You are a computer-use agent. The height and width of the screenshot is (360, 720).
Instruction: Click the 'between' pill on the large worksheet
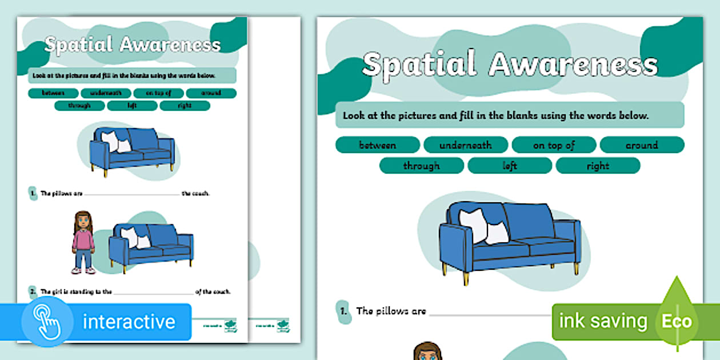(x=377, y=145)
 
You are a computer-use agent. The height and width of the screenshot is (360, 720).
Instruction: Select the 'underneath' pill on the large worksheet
(x=465, y=145)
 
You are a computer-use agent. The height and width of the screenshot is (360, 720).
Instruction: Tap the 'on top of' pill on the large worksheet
(x=554, y=145)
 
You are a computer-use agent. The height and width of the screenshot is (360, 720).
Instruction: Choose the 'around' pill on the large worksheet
(x=641, y=145)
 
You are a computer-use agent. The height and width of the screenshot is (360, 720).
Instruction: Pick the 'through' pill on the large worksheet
(x=421, y=166)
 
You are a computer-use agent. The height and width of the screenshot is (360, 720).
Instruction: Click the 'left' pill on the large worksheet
(x=510, y=166)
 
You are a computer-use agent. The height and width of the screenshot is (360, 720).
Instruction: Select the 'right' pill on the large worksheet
(x=598, y=166)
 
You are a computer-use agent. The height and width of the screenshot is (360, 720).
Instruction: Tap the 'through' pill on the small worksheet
(x=79, y=106)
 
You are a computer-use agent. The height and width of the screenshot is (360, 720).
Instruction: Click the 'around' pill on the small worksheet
(x=211, y=93)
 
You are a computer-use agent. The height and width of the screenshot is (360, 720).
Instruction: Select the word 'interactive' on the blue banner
(x=129, y=322)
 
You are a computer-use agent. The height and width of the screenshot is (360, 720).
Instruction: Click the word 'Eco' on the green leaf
(x=677, y=321)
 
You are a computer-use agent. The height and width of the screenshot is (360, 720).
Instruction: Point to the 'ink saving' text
(x=603, y=321)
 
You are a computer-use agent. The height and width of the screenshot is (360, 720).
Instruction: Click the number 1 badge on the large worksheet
(x=343, y=311)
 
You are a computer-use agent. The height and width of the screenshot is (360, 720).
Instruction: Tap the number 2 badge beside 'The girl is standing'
(x=33, y=291)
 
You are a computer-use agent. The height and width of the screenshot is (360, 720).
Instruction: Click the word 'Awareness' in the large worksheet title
(x=573, y=65)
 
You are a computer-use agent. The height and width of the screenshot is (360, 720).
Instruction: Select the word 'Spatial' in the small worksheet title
(x=78, y=45)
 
